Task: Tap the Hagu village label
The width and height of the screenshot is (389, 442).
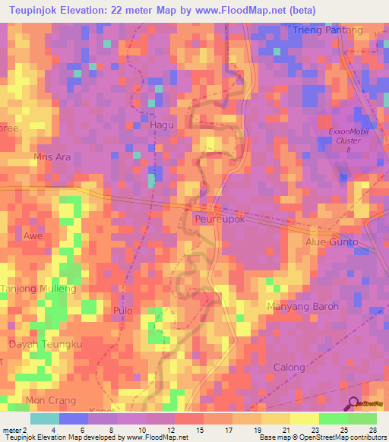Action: [x=162, y=125]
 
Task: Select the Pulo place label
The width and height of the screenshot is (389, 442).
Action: [x=122, y=311]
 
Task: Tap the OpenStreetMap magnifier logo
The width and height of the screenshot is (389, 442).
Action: [x=355, y=403]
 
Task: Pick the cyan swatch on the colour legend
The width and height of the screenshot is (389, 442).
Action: [x=44, y=418]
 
